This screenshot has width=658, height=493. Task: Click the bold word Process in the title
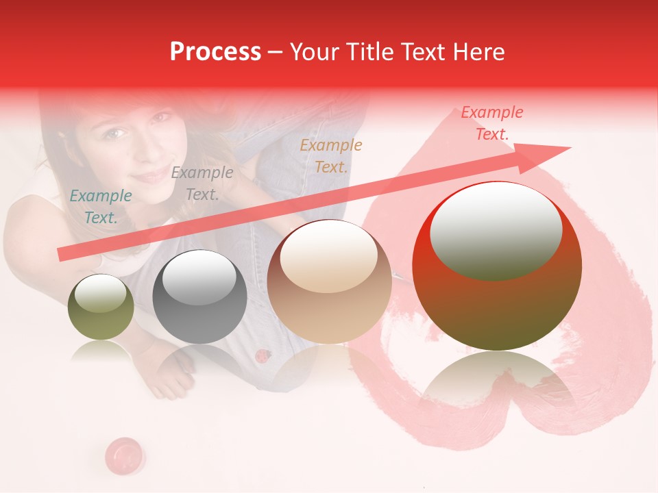pos(215,51)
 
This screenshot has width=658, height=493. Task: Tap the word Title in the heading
pos(372,51)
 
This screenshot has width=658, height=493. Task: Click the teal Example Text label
pos(101,207)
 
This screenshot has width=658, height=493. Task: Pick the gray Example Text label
pos(202,184)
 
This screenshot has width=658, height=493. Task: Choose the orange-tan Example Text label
pos(331,155)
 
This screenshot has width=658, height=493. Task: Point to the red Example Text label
pos(492,123)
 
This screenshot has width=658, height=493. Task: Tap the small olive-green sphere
pos(101,307)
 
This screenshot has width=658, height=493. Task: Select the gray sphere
pos(199,298)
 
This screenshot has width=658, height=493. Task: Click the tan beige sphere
pos(329,282)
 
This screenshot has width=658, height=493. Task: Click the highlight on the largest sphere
pos(496,229)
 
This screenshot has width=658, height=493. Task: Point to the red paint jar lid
pos(124,453)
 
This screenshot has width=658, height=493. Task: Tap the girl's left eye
pos(116,132)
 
